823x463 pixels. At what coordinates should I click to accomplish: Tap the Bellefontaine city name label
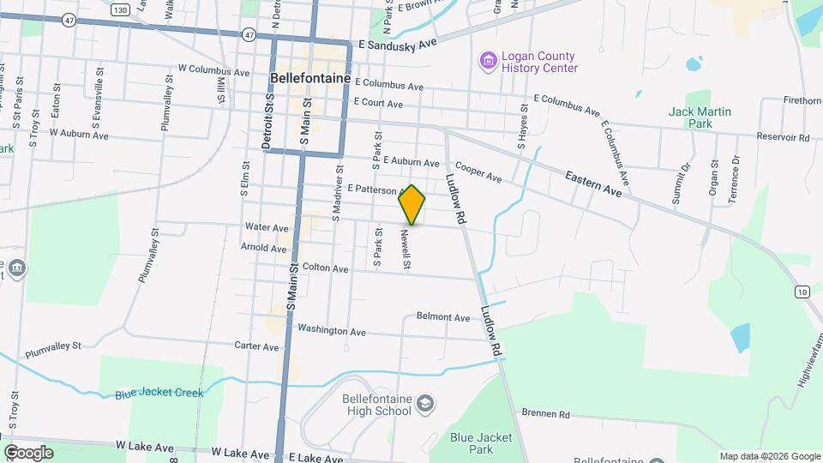(309, 77)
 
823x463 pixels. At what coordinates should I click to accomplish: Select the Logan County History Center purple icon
(488, 61)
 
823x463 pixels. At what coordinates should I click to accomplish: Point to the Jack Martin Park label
(700, 117)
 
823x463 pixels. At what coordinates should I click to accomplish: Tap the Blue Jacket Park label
(483, 443)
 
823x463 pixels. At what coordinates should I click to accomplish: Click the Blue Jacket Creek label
(159, 394)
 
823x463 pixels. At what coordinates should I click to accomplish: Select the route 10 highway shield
(801, 292)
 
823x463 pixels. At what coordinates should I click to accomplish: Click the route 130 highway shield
(120, 9)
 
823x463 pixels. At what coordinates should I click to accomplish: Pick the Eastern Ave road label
(593, 184)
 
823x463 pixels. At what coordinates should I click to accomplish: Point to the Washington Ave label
(332, 330)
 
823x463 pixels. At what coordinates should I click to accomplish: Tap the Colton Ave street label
(325, 268)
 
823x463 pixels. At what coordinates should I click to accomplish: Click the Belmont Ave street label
(443, 317)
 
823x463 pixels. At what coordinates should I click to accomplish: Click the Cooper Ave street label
(478, 171)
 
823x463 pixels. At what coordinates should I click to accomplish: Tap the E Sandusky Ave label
(398, 43)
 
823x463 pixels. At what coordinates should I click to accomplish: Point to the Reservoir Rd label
(783, 137)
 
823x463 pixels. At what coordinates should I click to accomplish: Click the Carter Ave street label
(257, 346)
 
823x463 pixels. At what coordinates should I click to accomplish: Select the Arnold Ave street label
(264, 248)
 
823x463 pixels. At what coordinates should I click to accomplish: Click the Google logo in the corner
(28, 453)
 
